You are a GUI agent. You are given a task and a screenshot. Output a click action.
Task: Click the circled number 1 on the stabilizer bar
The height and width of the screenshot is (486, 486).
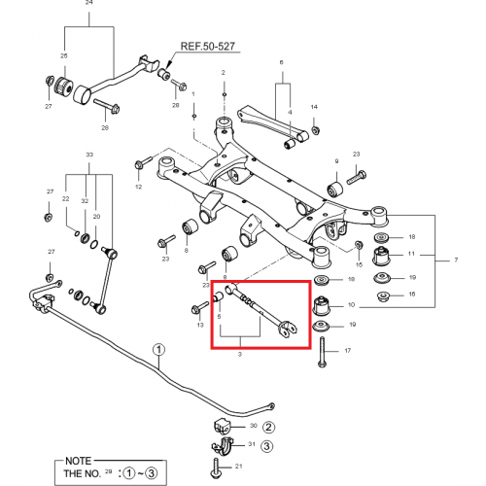pos(157,349)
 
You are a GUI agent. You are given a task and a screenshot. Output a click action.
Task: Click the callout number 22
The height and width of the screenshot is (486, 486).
pos(65,199)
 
